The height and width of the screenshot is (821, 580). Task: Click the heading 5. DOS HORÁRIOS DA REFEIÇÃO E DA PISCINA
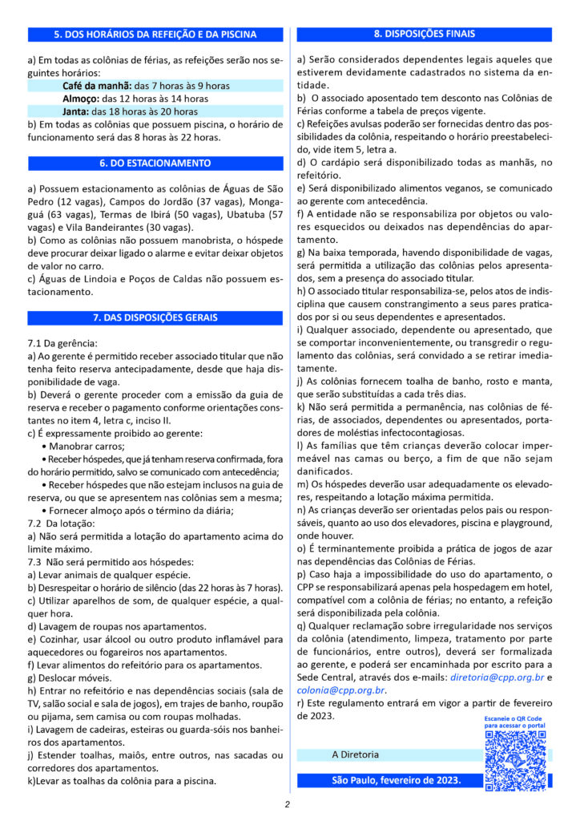155,34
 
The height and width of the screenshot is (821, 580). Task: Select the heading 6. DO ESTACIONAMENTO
155,164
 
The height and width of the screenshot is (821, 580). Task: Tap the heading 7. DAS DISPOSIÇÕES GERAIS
155,317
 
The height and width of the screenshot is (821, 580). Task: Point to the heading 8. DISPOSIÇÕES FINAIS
424,34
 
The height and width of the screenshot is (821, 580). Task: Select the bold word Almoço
79,99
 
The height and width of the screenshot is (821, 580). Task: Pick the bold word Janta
75,111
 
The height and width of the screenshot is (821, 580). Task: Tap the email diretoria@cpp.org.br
497,677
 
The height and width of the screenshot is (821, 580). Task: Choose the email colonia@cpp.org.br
341,690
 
